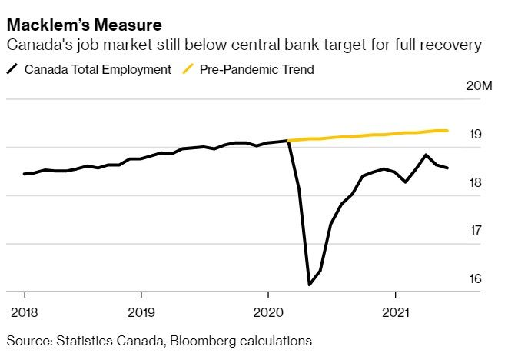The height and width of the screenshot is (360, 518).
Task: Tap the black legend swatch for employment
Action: [x=12, y=70]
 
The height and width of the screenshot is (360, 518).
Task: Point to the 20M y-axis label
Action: [x=479, y=85]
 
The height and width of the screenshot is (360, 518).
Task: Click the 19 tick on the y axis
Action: [x=476, y=135]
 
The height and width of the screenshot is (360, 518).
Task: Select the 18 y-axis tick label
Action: [x=476, y=182]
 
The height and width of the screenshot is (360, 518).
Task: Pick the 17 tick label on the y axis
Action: [x=476, y=230]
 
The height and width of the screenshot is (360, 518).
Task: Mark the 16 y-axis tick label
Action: [x=476, y=278]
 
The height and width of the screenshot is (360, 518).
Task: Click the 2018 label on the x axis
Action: [x=25, y=313]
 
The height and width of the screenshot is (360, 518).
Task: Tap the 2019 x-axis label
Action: [x=141, y=313]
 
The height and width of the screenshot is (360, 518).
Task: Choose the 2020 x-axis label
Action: [x=267, y=313]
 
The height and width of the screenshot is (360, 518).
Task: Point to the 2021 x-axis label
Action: [x=395, y=313]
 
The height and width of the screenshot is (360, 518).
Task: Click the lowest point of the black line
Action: [x=309, y=285]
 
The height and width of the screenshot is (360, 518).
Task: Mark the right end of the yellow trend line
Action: [x=447, y=131]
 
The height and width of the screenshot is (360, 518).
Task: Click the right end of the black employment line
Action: [x=448, y=168]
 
